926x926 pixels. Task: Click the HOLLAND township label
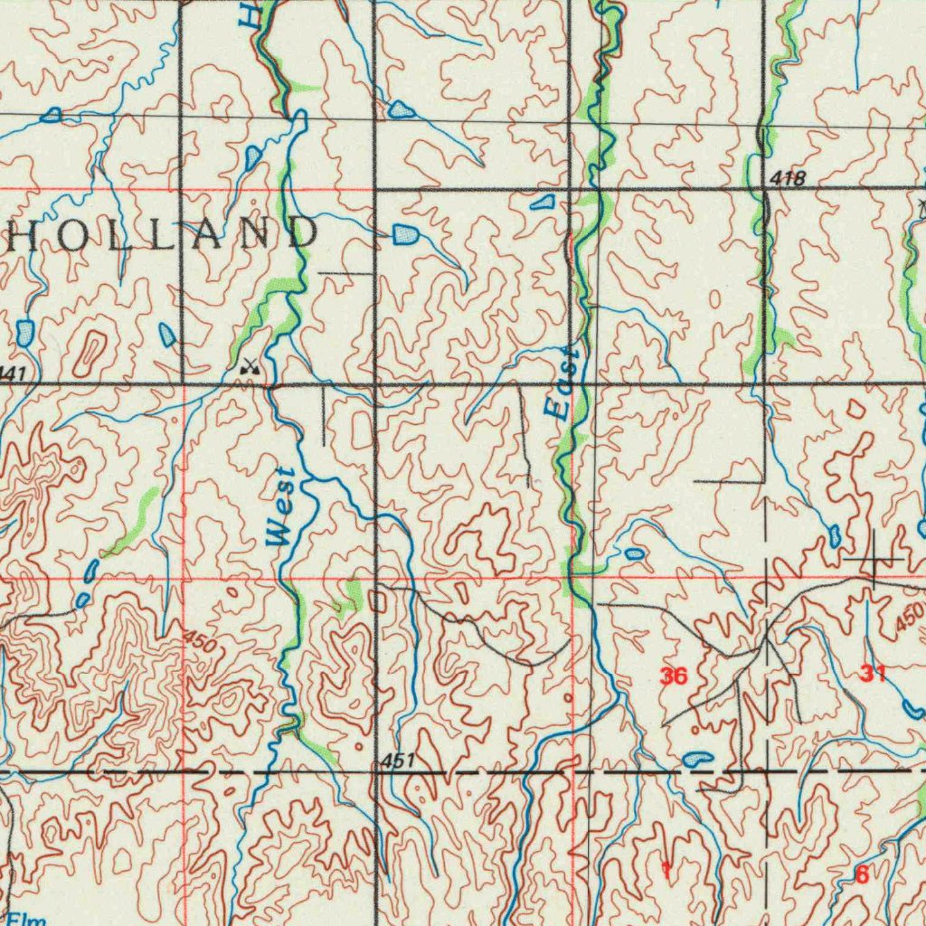pyautogui.click(x=163, y=233)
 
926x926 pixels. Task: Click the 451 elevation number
pyautogui.click(x=397, y=761)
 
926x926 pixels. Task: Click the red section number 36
pyautogui.click(x=674, y=676)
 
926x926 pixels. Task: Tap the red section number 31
pyautogui.click(x=874, y=672)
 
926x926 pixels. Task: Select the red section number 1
pyautogui.click(x=666, y=871)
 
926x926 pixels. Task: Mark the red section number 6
pyautogui.click(x=861, y=874)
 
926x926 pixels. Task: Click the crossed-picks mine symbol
pyautogui.click(x=249, y=366)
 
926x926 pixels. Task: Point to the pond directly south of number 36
pyautogui.click(x=697, y=759)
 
